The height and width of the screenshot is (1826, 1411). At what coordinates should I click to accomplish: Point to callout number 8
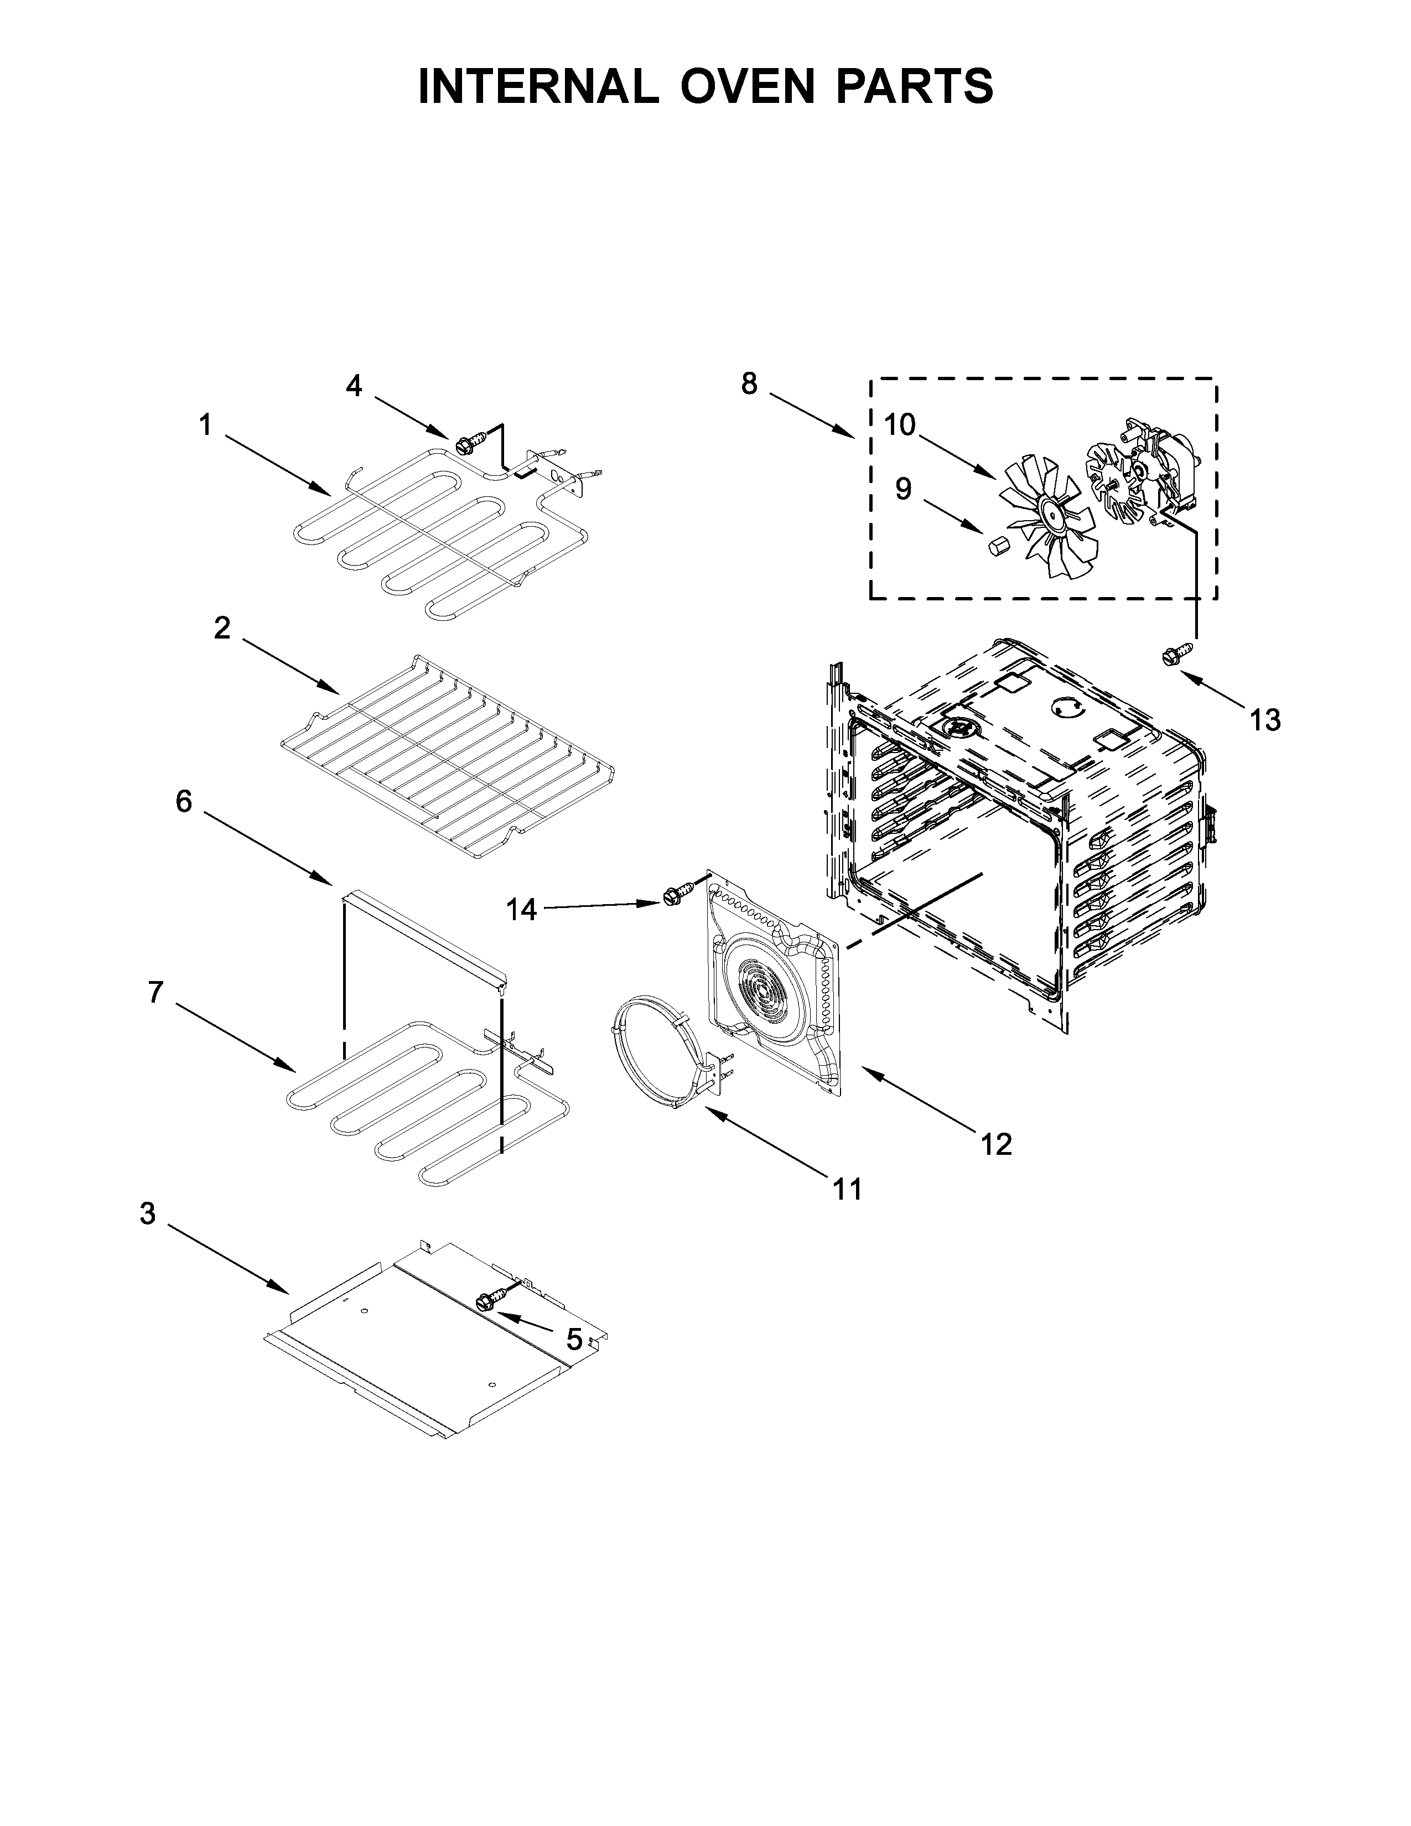(x=749, y=384)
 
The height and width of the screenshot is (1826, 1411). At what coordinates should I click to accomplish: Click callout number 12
(x=997, y=1144)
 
